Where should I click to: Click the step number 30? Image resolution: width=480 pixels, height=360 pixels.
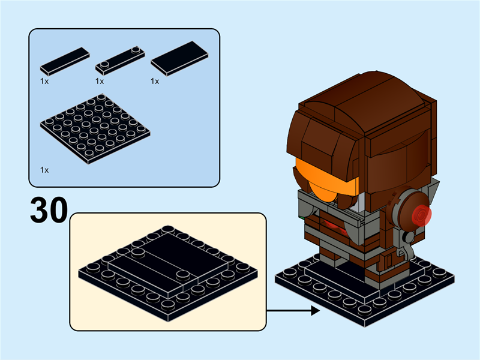[48, 211]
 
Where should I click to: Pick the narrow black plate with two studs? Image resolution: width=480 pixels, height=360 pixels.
[121, 58]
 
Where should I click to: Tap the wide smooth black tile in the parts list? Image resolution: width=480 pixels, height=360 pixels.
[179, 58]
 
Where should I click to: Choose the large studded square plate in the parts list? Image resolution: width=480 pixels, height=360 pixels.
[95, 127]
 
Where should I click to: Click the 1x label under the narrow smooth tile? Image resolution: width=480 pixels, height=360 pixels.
[45, 81]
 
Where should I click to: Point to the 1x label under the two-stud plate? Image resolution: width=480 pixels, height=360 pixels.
[100, 81]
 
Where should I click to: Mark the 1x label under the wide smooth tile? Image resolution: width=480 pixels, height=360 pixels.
[155, 81]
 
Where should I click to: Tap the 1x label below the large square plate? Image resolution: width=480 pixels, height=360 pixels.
[45, 170]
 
